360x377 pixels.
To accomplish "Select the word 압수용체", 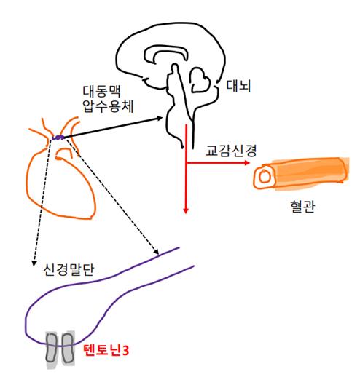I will [x=105, y=110].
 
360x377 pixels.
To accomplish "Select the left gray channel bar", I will [x=52, y=349].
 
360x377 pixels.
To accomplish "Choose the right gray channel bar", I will [x=66, y=349].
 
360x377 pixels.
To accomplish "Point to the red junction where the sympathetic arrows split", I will [x=187, y=164].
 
